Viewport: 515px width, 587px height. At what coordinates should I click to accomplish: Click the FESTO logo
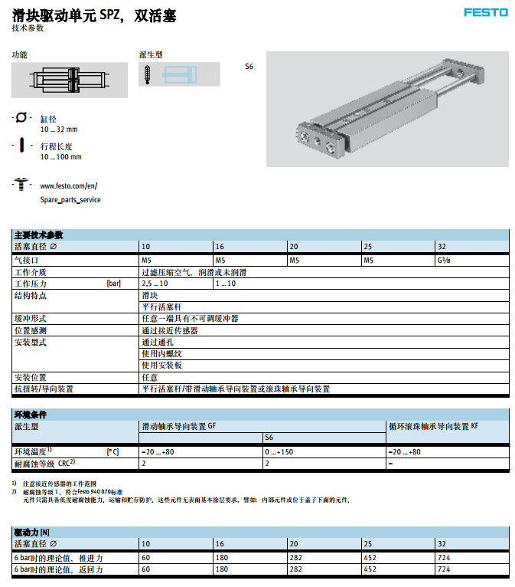[485, 12]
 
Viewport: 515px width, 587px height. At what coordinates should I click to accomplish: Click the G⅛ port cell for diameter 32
[444, 261]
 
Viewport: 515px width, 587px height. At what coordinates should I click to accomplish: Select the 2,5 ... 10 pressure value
[155, 284]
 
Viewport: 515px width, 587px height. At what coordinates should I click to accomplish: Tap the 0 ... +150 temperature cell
[282, 452]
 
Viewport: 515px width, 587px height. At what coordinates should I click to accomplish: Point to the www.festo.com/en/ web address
[68, 185]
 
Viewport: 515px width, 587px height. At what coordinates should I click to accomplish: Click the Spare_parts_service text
[70, 199]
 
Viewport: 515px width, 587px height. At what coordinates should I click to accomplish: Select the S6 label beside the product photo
[249, 67]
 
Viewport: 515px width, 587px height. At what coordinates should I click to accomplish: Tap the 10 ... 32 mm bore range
[59, 130]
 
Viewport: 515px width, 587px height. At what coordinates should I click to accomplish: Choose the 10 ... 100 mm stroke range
[60, 157]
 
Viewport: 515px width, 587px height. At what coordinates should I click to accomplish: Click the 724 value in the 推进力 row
[444, 559]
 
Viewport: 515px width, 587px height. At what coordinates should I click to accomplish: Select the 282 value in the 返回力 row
[296, 570]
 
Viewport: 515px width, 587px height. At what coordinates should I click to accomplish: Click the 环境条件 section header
[31, 415]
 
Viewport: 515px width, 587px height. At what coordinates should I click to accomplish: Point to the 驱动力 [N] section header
[32, 532]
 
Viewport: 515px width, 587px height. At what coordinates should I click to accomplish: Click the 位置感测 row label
[31, 330]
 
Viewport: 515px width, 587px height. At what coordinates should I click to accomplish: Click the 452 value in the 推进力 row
[370, 559]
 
